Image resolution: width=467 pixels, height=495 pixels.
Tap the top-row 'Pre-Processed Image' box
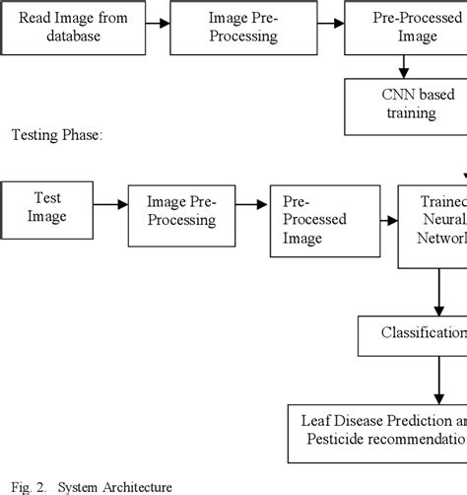coord(404,27)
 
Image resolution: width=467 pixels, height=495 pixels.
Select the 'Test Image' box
coord(48,205)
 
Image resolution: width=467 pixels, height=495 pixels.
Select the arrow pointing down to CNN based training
coord(404,65)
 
